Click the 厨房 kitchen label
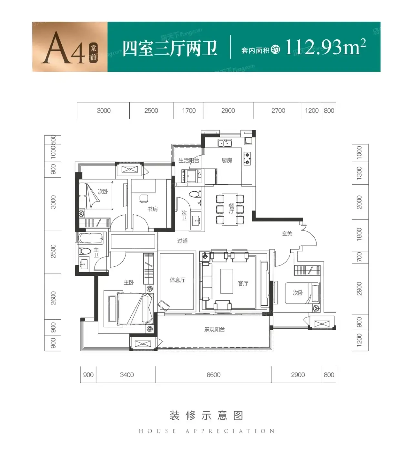[x=227, y=160]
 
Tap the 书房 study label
[x=152, y=209]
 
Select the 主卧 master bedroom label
[x=129, y=282]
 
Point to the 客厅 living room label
[x=243, y=283]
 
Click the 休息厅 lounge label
[x=177, y=280]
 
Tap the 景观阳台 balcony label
[x=214, y=329]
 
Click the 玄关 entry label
[x=287, y=234]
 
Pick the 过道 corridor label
[x=182, y=241]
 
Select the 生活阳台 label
[x=189, y=160]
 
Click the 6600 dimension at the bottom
[x=214, y=375]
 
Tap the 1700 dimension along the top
[x=189, y=111]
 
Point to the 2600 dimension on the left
[x=53, y=298]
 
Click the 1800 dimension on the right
[x=359, y=235]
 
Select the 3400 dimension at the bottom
[x=127, y=375]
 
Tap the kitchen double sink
[x=225, y=143]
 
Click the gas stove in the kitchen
[x=247, y=159]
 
